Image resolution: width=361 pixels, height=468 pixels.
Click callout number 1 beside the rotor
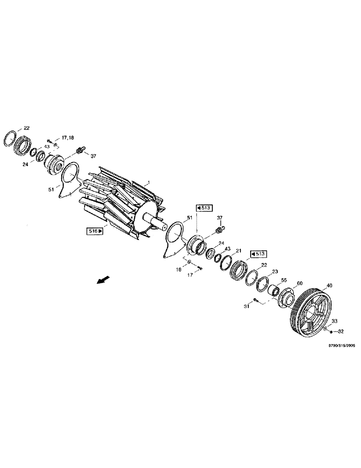pyautogui.click(x=148, y=182)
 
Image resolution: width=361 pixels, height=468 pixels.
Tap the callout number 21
pyautogui.click(x=238, y=251)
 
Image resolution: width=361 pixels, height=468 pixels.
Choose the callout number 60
pyautogui.click(x=300, y=284)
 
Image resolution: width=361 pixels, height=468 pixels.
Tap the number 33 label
pyautogui.click(x=334, y=322)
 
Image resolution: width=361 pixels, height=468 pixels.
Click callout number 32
pyautogui.click(x=340, y=331)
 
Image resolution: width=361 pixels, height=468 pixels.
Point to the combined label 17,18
pyautogui.click(x=68, y=139)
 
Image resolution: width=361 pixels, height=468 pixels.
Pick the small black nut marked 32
pyautogui.click(x=331, y=332)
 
